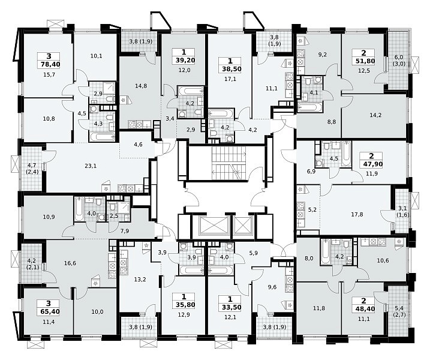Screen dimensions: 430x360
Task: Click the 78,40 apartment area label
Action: click(x=49, y=64)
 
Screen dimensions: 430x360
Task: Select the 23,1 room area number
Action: click(x=91, y=166)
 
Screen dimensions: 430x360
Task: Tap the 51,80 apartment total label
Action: click(x=363, y=61)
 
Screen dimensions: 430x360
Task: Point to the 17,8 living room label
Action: click(x=357, y=214)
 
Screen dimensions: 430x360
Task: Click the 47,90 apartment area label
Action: click(x=372, y=164)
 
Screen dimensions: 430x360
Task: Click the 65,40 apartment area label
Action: click(x=49, y=311)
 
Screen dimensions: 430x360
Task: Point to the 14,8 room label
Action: click(x=141, y=86)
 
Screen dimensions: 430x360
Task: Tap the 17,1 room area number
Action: click(x=230, y=79)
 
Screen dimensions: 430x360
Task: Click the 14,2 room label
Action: click(x=375, y=115)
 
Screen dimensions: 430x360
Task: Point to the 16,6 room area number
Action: click(x=70, y=263)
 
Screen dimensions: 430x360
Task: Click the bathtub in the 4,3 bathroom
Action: click(x=103, y=137)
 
